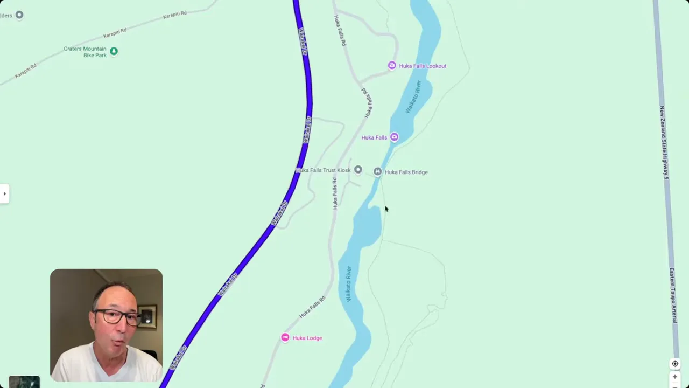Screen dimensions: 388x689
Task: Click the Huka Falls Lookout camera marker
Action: click(392, 65)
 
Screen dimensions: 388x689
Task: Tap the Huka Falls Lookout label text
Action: click(423, 66)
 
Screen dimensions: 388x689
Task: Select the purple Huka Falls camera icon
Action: click(395, 137)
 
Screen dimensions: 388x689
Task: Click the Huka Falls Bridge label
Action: click(406, 172)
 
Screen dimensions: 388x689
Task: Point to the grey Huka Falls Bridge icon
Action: click(377, 171)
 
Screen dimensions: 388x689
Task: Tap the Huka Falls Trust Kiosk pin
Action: click(358, 170)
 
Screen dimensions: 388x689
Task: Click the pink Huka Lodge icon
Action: click(285, 337)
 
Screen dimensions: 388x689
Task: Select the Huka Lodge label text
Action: click(307, 338)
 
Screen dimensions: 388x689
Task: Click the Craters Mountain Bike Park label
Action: click(86, 52)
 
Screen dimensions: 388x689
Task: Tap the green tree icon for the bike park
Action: click(114, 51)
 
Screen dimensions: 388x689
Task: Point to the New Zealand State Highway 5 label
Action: click(664, 143)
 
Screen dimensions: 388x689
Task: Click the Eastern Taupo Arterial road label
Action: click(673, 295)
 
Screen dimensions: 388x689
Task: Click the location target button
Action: click(675, 364)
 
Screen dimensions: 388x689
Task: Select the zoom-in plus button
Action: click(675, 377)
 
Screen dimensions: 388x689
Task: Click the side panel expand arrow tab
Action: click(4, 193)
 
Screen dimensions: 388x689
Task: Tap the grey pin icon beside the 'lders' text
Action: click(19, 15)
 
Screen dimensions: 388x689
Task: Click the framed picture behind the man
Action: click(147, 318)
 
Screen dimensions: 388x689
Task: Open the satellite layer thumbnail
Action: click(24, 382)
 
